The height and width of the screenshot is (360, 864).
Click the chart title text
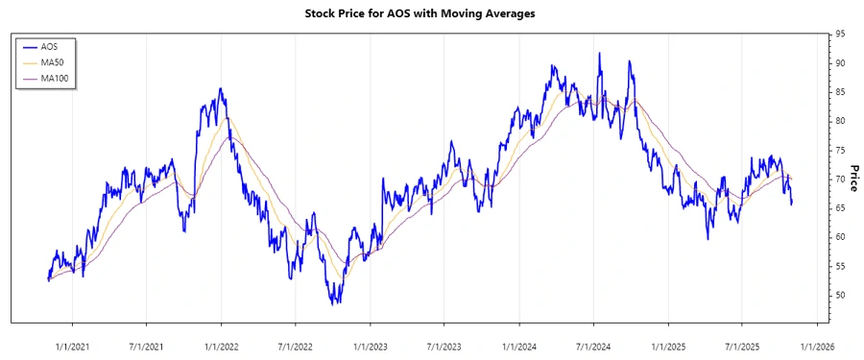tap(433, 13)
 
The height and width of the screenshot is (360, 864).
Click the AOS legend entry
tap(62, 45)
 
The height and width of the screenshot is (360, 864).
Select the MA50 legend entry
tap(65, 61)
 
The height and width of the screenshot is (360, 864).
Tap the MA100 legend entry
tap(67, 78)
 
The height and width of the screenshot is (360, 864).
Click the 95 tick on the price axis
tap(840, 34)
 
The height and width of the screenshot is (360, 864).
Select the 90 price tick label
tap(840, 62)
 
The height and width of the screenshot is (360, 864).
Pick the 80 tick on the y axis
tap(840, 121)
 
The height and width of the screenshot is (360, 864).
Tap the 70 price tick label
tap(840, 179)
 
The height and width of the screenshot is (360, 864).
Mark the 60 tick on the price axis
tap(840, 237)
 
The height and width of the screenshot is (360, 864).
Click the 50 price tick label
tap(840, 295)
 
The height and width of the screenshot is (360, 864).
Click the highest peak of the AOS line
tap(599, 54)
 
